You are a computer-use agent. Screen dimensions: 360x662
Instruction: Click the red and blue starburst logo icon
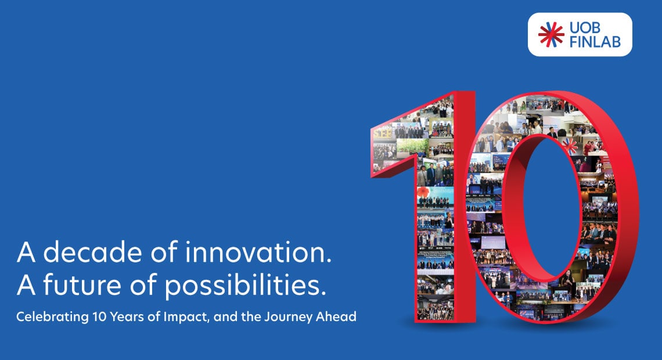pos(551,34)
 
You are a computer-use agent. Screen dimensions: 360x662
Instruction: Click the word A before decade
pos(24,254)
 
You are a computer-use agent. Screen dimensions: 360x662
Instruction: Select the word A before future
pos(24,286)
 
